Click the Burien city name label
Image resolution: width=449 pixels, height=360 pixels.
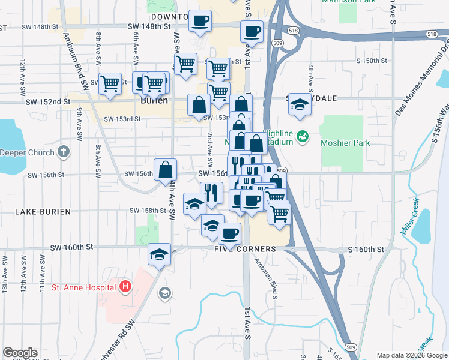[x=154, y=101]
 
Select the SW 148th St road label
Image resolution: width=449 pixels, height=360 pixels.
[x=155, y=27]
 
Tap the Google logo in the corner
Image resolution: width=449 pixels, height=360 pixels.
[x=20, y=353]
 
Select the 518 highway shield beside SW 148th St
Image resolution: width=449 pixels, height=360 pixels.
[x=292, y=29]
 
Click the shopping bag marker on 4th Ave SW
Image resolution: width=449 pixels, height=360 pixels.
[x=165, y=170]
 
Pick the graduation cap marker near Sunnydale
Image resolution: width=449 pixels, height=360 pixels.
[x=298, y=104]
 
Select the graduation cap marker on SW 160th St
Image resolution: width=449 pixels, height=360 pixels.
[x=160, y=254]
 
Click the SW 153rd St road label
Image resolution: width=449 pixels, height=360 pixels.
[x=122, y=119]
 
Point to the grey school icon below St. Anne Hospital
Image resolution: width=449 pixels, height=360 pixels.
[x=164, y=293]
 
